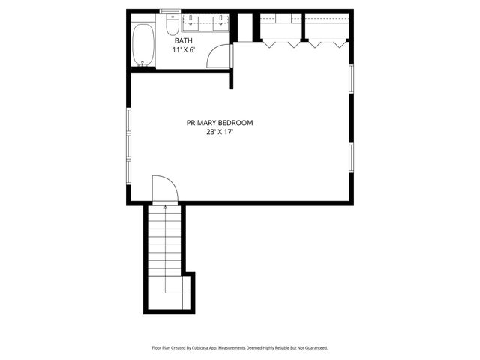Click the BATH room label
point(184,40)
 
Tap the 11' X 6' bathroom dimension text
point(184,50)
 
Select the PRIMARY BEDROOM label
point(220,123)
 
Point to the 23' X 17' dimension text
point(220,133)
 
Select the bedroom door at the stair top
point(164,189)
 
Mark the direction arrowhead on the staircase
point(165,208)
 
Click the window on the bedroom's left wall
point(128,146)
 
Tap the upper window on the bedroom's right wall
point(351,79)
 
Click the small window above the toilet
point(170,11)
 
